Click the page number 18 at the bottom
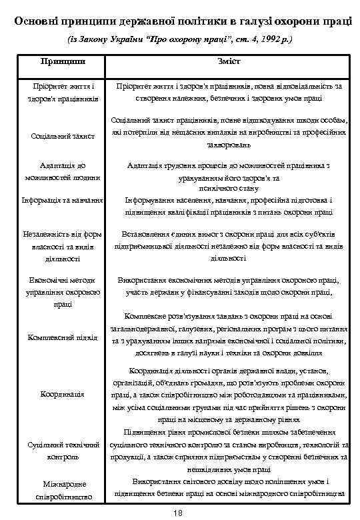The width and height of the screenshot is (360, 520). click(x=177, y=512)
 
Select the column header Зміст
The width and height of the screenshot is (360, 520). click(x=229, y=61)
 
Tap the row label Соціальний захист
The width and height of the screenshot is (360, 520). click(x=63, y=136)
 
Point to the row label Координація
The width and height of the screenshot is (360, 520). click(x=63, y=394)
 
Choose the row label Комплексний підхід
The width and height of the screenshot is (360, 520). click(x=63, y=337)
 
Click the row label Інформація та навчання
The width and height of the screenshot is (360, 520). click(x=63, y=200)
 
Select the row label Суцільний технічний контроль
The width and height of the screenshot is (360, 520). click(x=63, y=450)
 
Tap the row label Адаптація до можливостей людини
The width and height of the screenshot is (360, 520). click(x=63, y=171)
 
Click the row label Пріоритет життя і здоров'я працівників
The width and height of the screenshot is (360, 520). click(x=63, y=92)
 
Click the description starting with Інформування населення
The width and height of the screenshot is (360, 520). click(x=229, y=206)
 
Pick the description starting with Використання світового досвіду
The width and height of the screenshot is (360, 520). click(x=229, y=487)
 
